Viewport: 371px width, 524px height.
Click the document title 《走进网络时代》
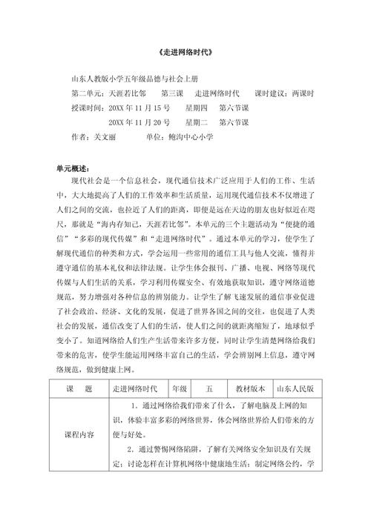pos(186,53)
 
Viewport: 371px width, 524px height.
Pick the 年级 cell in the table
pos(179,388)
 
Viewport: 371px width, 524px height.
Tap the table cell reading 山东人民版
pos(295,388)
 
